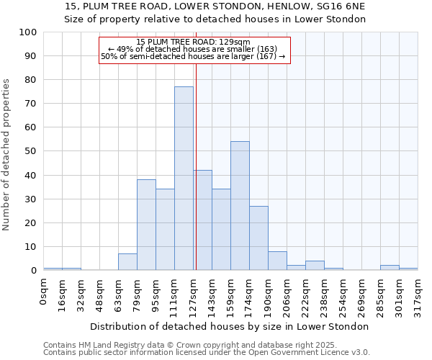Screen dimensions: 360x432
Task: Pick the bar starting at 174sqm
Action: tap(258, 238)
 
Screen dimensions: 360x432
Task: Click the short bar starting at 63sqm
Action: tap(127, 262)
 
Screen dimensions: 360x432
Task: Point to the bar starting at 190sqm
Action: tap(277, 261)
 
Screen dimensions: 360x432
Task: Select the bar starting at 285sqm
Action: tap(390, 268)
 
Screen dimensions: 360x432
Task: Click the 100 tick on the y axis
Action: tap(29, 32)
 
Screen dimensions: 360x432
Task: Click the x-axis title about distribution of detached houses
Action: tap(230, 326)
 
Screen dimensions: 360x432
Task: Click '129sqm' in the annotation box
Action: tap(235, 42)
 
